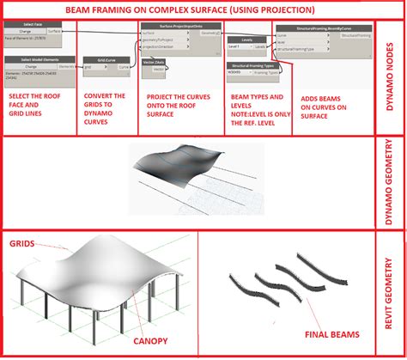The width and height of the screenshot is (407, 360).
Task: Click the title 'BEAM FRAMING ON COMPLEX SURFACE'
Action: tap(190, 9)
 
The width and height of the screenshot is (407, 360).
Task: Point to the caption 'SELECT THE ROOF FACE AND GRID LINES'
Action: tap(37, 106)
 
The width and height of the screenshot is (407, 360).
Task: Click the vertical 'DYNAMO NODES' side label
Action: tap(391, 74)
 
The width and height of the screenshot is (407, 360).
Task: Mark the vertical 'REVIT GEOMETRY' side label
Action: tap(391, 291)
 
